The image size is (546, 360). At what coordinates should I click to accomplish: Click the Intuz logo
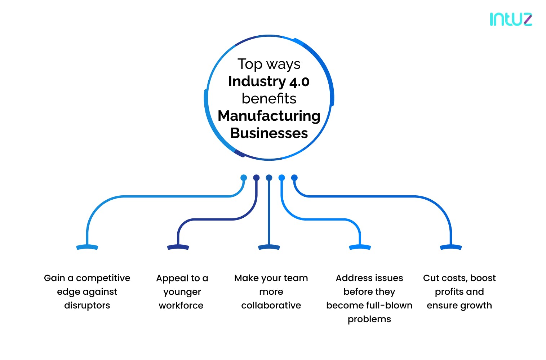point(511,19)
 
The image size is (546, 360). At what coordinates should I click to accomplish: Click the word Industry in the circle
point(257,81)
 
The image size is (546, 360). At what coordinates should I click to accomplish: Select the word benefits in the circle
point(269,98)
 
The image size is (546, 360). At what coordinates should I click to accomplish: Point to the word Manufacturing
point(269,116)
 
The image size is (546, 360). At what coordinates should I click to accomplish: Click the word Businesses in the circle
point(269,133)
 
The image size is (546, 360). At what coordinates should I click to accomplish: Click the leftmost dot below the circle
point(244,178)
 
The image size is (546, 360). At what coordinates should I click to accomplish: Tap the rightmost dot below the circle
point(294,178)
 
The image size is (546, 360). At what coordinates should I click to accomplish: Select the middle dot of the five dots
point(269,178)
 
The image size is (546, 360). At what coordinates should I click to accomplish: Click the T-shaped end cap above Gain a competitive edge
point(87,247)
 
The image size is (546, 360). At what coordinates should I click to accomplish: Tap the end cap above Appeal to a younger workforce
point(178,247)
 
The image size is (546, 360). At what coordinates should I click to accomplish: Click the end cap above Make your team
point(269,247)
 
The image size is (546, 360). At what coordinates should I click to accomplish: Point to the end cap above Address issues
point(360,247)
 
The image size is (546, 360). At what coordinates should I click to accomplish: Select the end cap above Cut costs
point(450,247)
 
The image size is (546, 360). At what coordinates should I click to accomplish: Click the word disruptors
point(87,306)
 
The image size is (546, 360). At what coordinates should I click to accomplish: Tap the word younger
point(182,292)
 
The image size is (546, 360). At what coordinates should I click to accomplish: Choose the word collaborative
point(271,306)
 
